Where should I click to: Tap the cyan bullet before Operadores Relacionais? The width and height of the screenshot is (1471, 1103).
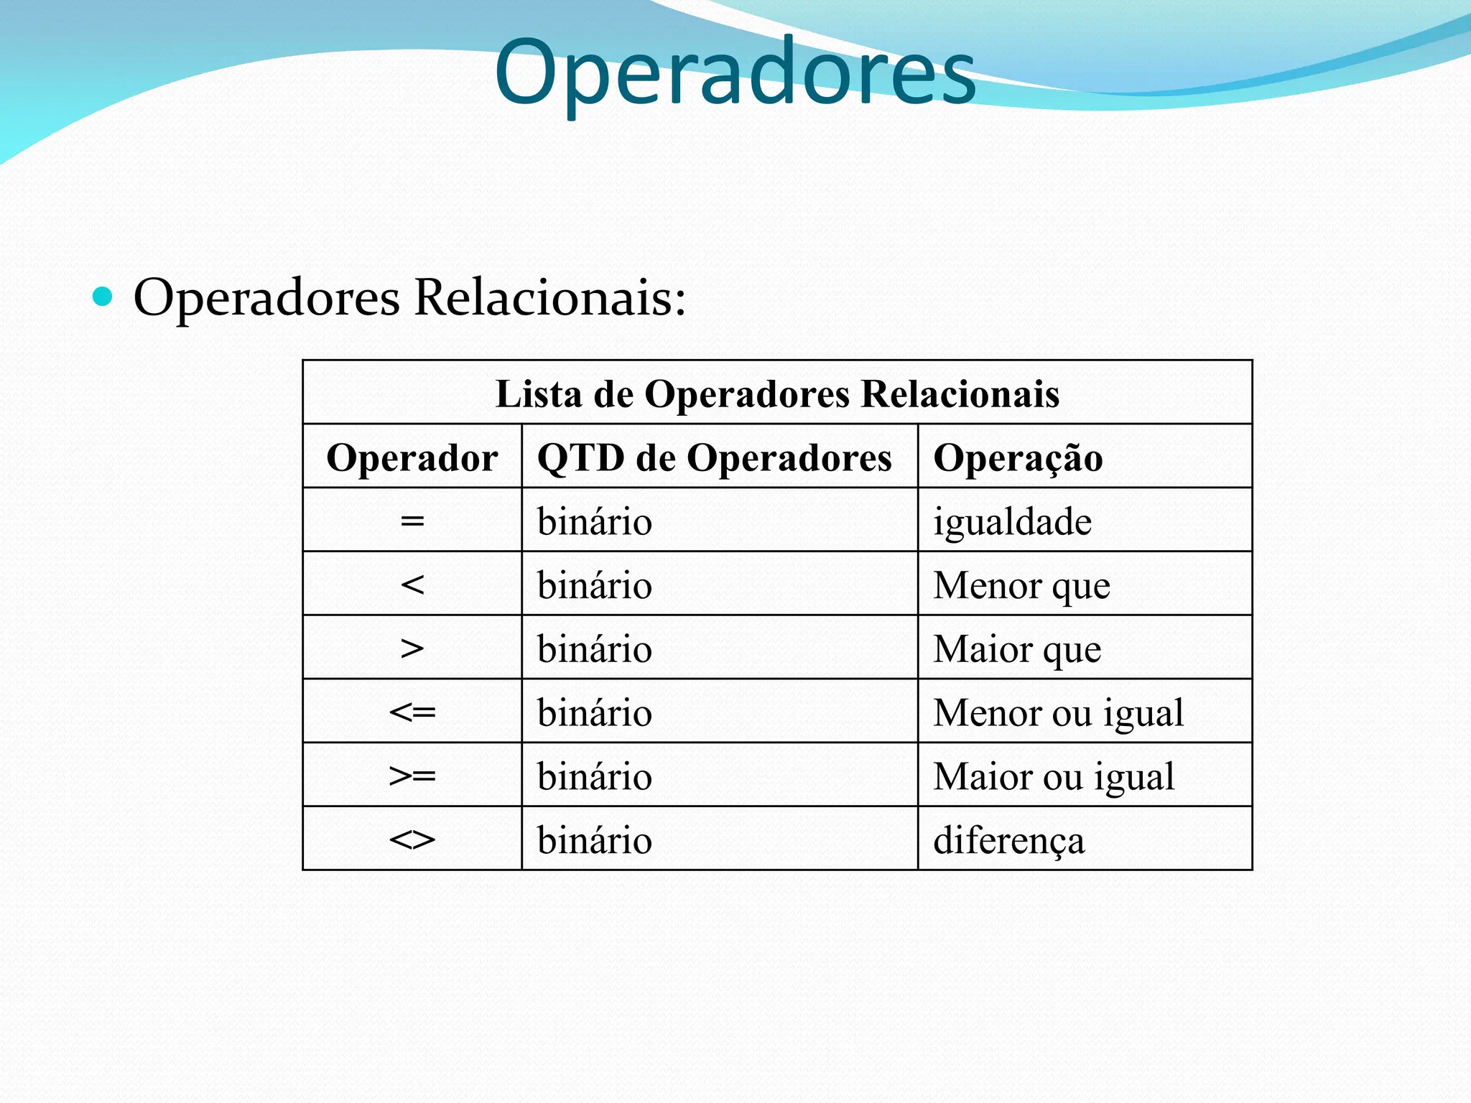(103, 296)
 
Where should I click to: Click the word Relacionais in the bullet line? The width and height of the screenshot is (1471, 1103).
(549, 297)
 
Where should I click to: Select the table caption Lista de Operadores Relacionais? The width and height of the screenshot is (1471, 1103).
(777, 394)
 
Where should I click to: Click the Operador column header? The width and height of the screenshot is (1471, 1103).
(412, 457)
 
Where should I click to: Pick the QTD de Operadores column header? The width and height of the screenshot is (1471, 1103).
(714, 457)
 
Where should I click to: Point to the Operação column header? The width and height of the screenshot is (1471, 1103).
(1018, 457)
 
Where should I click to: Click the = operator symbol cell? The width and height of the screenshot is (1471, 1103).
(412, 521)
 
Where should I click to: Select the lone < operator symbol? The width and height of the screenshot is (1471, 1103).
(412, 585)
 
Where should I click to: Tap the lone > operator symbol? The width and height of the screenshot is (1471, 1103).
(412, 648)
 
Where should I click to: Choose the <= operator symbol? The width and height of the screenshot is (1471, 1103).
(412, 712)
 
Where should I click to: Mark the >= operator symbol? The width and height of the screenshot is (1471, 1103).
(412, 776)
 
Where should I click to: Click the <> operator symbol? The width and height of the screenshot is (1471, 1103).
(412, 839)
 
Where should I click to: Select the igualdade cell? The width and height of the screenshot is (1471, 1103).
(1012, 521)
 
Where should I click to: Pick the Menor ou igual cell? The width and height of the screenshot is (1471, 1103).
(1058, 712)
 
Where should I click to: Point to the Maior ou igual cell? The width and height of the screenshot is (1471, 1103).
(1054, 776)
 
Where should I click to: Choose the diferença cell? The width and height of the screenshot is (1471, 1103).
(1008, 840)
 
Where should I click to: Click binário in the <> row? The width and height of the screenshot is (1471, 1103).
(595, 840)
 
